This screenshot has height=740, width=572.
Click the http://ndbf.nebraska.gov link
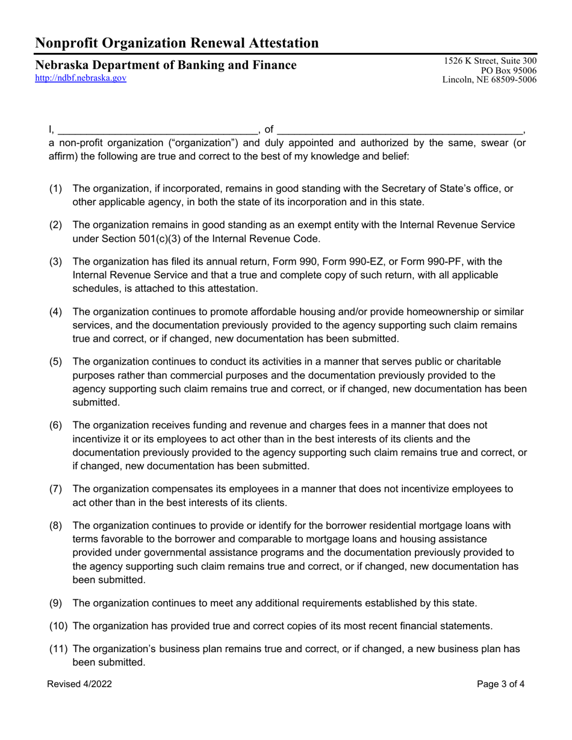point(81,78)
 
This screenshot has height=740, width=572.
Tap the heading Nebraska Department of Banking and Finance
point(166,65)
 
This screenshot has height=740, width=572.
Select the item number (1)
point(55,188)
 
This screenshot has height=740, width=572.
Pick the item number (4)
point(55,312)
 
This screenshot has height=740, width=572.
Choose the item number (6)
point(55,425)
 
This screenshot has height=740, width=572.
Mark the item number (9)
point(55,603)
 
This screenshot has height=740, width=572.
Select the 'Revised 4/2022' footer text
point(79,684)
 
